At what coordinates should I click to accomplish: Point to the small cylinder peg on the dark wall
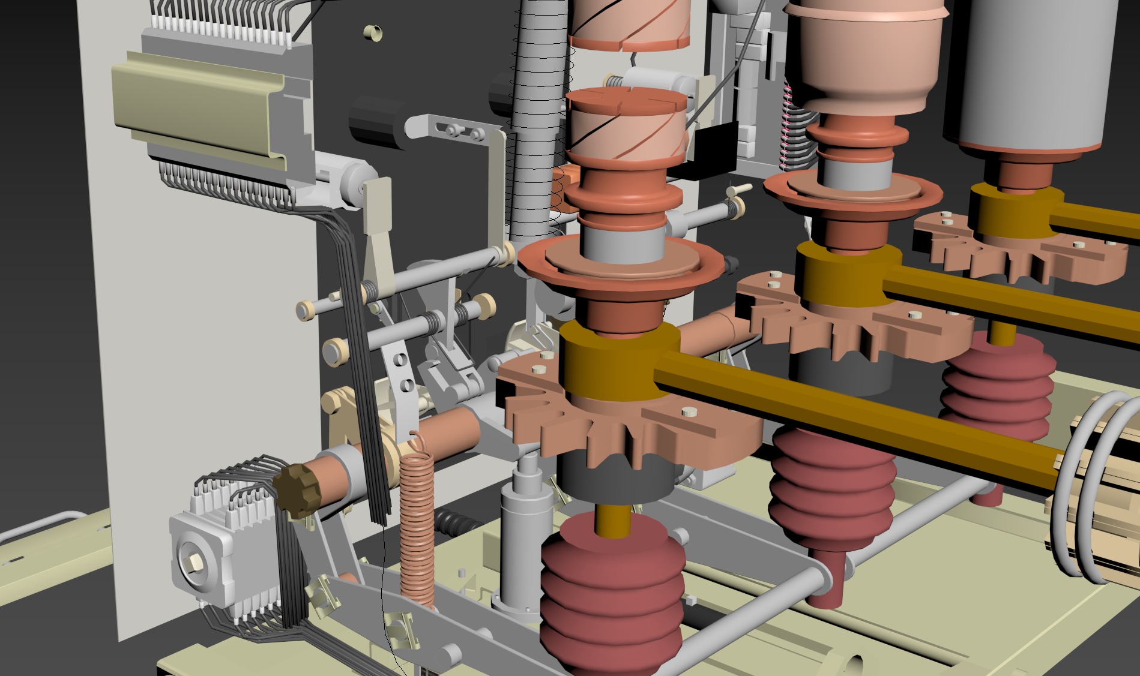coord(373,34)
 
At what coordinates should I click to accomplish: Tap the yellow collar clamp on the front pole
coord(618,363)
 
